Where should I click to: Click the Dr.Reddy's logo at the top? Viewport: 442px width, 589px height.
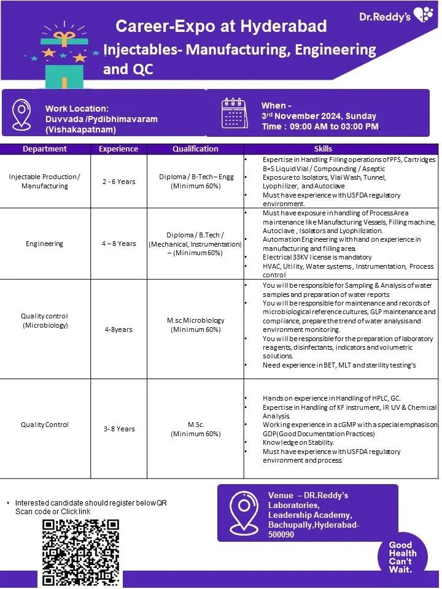click(x=396, y=17)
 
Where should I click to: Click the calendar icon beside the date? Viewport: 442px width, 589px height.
click(x=235, y=113)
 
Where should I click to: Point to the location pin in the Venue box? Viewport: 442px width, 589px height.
click(x=241, y=512)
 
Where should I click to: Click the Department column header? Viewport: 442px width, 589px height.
click(x=45, y=148)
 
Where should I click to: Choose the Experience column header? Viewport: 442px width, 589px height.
click(x=118, y=148)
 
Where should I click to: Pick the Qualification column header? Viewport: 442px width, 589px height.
click(x=195, y=148)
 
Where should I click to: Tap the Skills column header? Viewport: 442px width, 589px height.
click(x=323, y=148)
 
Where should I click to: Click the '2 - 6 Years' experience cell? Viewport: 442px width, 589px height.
click(x=118, y=182)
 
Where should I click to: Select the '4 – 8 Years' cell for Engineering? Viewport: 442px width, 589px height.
click(x=118, y=244)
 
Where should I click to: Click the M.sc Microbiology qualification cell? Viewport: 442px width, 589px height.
click(x=195, y=325)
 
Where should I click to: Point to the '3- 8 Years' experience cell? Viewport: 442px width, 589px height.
click(x=118, y=429)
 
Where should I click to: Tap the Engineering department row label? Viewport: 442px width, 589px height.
click(x=45, y=244)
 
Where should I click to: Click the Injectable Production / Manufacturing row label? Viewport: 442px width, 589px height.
click(x=45, y=181)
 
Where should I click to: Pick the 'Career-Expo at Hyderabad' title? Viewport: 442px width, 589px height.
click(x=221, y=26)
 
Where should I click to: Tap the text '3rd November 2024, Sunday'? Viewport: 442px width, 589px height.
click(x=319, y=116)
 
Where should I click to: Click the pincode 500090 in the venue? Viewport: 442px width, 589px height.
click(x=281, y=534)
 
